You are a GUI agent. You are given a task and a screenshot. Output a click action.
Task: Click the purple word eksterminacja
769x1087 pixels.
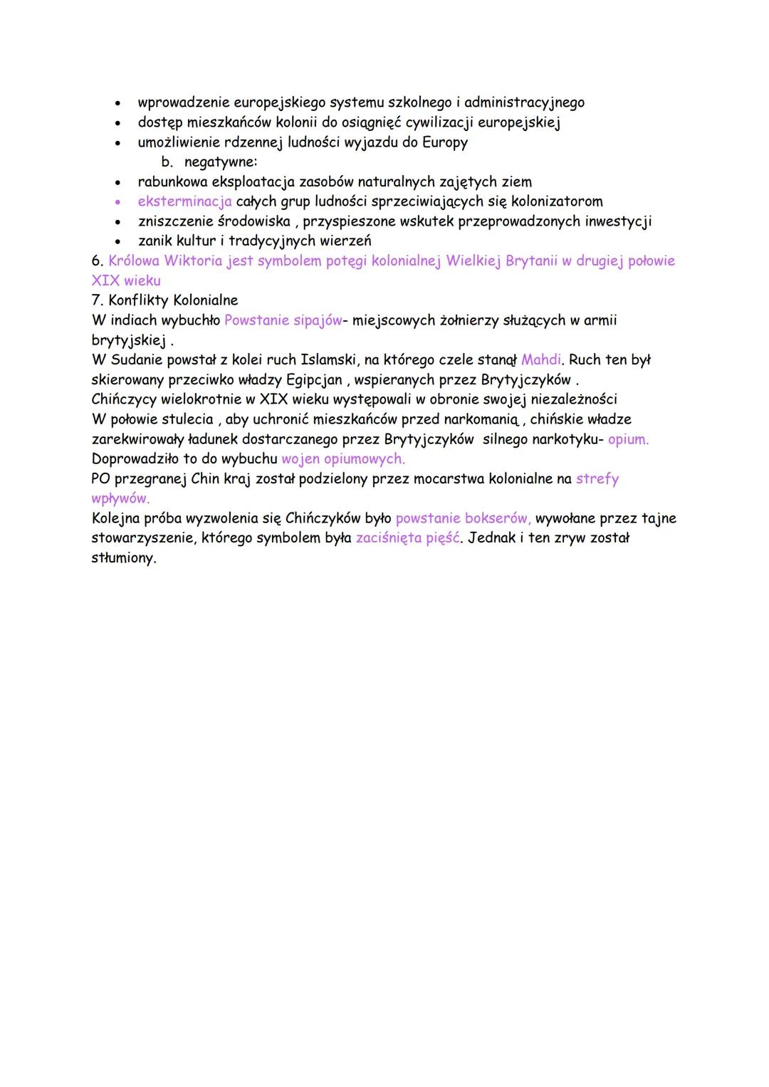(x=184, y=201)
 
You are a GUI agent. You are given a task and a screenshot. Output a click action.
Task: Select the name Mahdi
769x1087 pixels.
(x=540, y=359)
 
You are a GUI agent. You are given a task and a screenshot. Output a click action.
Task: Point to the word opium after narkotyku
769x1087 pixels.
(x=627, y=439)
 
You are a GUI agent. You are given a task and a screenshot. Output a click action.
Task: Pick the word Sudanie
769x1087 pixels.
(x=136, y=359)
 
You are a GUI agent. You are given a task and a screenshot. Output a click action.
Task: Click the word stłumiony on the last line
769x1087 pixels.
(x=123, y=557)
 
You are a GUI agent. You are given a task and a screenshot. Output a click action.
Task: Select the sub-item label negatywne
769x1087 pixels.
(x=220, y=162)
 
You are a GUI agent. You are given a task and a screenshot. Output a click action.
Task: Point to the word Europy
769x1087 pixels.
(x=445, y=142)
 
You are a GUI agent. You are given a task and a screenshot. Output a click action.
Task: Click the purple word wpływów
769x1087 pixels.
(x=120, y=498)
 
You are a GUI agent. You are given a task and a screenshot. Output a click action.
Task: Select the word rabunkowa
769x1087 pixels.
(x=172, y=182)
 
